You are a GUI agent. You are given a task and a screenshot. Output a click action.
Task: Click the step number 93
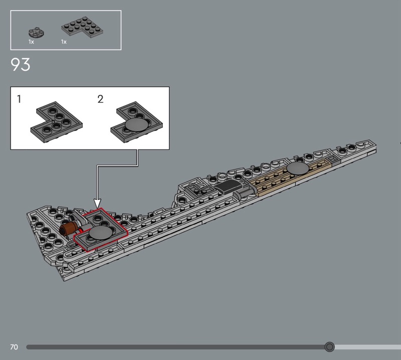21,64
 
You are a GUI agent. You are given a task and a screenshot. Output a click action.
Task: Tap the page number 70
14,347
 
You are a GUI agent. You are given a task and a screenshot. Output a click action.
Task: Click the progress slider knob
329,347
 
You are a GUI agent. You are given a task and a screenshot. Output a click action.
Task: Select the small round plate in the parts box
36,33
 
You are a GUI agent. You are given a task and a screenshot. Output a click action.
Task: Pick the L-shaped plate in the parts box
82,27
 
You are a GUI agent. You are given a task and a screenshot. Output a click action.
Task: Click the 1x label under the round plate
31,42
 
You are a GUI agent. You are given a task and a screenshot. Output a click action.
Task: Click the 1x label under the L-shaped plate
64,42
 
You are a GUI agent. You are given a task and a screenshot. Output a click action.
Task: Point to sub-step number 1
19,99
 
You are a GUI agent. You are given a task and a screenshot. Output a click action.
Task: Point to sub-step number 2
100,99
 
